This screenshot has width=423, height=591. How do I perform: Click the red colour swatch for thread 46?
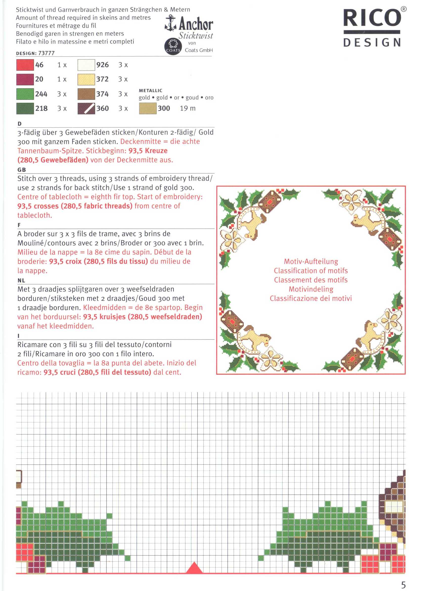click(x=25, y=65)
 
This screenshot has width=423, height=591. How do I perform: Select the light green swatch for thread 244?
click(x=25, y=94)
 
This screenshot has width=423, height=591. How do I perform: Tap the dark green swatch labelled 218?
click(x=25, y=108)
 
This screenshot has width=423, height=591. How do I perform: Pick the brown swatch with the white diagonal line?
click(x=86, y=108)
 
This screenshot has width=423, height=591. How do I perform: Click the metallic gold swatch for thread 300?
click(x=148, y=108)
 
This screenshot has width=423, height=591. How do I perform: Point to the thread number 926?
click(x=102, y=65)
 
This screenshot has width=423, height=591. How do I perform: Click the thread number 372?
click(x=102, y=79)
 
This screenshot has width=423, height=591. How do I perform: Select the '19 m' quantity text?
click(x=188, y=108)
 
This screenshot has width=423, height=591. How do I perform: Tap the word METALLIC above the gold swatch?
click(x=151, y=91)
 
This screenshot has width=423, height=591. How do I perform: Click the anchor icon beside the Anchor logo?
click(x=171, y=23)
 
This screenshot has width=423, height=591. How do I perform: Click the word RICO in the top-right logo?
click(x=372, y=18)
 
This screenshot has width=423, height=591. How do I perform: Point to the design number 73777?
click(x=46, y=53)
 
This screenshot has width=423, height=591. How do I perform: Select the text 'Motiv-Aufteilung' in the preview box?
click(x=311, y=261)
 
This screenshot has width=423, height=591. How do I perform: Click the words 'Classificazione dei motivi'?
click(x=311, y=298)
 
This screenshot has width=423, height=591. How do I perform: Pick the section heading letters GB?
click(x=22, y=170)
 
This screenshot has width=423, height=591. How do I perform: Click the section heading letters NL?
click(x=21, y=280)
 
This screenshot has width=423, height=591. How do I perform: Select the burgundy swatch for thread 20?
click(x=25, y=79)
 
